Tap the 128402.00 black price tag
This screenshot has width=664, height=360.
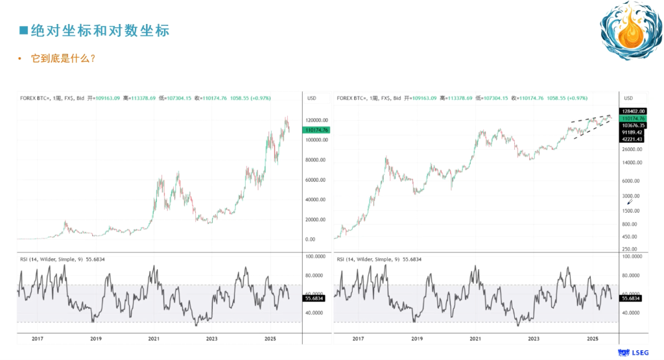(x=632, y=111)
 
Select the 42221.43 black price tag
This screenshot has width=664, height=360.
(x=632, y=139)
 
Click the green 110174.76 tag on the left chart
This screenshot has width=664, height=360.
(x=316, y=130)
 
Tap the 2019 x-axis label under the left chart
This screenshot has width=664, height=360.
(x=95, y=339)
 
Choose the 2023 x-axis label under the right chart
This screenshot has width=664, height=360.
(x=534, y=339)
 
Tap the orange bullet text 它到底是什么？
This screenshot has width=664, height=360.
(x=64, y=59)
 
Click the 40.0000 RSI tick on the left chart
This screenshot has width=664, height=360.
(x=316, y=313)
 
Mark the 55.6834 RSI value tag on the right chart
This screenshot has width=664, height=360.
(x=632, y=298)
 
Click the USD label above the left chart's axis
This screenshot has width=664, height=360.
(x=311, y=98)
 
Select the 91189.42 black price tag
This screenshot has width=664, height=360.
(x=632, y=132)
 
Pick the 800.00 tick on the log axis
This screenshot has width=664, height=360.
(x=630, y=224)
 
